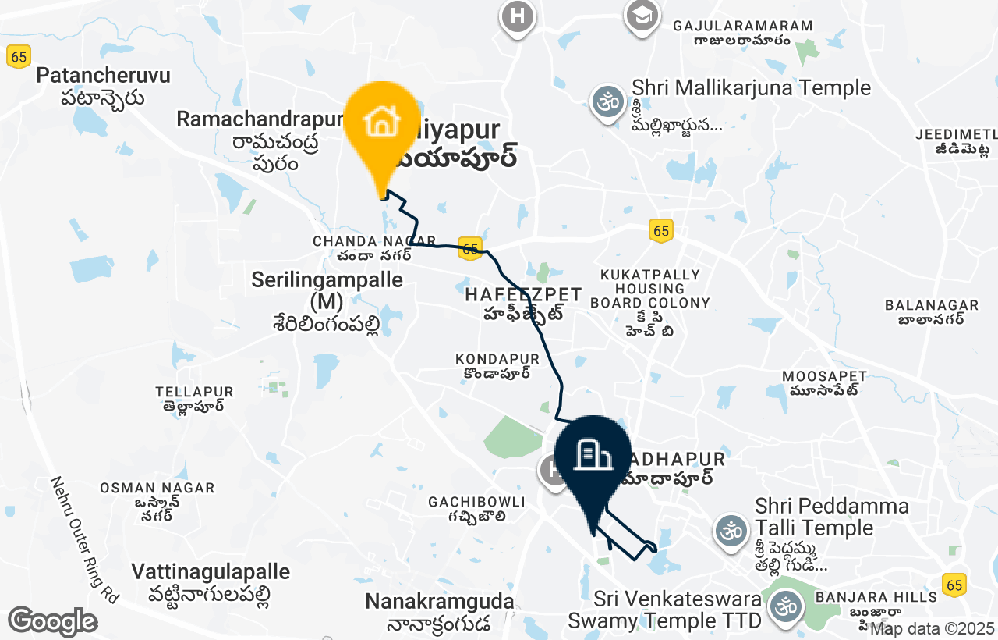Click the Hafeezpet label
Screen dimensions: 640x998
click(523, 295)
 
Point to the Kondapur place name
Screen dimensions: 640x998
click(497, 359)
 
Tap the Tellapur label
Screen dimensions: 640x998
click(194, 391)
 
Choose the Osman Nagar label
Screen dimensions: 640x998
click(157, 488)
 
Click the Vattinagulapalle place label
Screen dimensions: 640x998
click(211, 572)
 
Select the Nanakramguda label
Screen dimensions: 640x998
click(440, 602)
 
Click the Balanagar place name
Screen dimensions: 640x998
click(932, 305)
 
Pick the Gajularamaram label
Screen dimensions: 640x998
click(742, 26)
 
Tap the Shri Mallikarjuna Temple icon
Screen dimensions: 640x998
click(608, 103)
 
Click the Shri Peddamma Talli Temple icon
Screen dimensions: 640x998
click(731, 532)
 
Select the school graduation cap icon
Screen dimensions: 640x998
click(642, 16)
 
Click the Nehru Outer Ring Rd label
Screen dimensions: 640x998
click(84, 539)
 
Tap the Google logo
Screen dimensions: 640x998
click(52, 621)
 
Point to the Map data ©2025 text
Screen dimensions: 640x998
click(932, 628)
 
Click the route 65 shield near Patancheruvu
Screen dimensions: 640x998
click(19, 56)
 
